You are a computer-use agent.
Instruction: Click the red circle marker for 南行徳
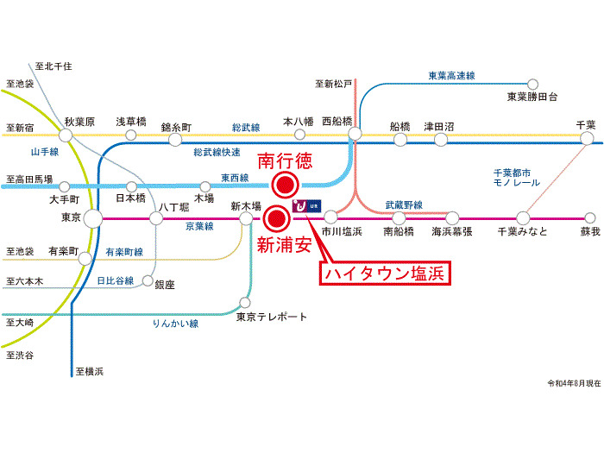pyautogui.click(x=285, y=186)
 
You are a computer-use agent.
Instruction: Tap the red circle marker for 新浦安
pyautogui.click(x=276, y=218)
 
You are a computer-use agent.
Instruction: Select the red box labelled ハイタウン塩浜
pyautogui.click(x=385, y=274)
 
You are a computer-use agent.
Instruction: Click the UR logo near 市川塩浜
pyautogui.click(x=306, y=206)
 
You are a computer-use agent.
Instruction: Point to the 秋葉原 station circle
pyautogui.click(x=66, y=135)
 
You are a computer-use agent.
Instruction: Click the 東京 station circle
pyautogui.click(x=93, y=218)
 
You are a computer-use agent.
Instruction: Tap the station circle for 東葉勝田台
pyautogui.click(x=532, y=84)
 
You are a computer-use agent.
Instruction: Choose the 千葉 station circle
pyautogui.click(x=587, y=138)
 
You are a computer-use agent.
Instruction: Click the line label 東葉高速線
pyautogui.click(x=451, y=76)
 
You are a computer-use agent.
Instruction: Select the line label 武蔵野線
pyautogui.click(x=404, y=205)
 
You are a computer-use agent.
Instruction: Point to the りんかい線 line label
pyautogui.click(x=175, y=324)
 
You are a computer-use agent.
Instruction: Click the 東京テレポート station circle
pyautogui.click(x=245, y=302)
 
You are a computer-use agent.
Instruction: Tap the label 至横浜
pyautogui.click(x=90, y=371)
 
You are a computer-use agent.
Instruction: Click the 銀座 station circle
pyautogui.click(x=148, y=280)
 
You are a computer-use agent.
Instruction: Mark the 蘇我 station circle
pyautogui.click(x=590, y=218)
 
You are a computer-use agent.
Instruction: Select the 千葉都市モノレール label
pyautogui.click(x=517, y=178)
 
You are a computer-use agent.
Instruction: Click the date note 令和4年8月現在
pyautogui.click(x=574, y=383)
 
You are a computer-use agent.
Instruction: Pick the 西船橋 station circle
pyautogui.click(x=355, y=134)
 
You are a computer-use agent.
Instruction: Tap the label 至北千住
pyautogui.click(x=53, y=66)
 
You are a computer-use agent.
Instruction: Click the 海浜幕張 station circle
pyautogui.click(x=452, y=218)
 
